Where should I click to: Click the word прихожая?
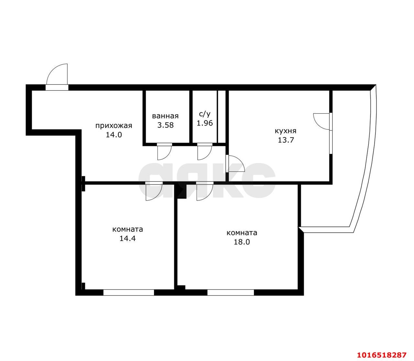point(114,126)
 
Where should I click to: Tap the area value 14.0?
point(114,135)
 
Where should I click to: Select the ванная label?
point(165,116)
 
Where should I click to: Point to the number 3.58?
point(165,125)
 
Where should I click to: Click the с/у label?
point(204,114)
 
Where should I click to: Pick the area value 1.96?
point(205,123)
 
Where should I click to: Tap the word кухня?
point(285,131)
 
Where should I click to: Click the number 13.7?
point(286,140)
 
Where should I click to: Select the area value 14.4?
point(127,238)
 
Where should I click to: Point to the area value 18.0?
point(242,242)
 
